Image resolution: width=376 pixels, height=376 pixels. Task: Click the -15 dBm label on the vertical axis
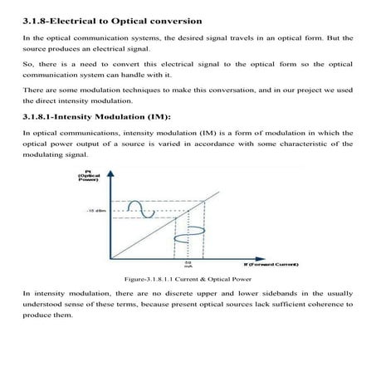coord(93,209)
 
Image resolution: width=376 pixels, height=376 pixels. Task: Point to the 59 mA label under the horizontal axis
coord(188,264)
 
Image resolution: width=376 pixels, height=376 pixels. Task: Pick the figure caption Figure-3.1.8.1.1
coord(154,281)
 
